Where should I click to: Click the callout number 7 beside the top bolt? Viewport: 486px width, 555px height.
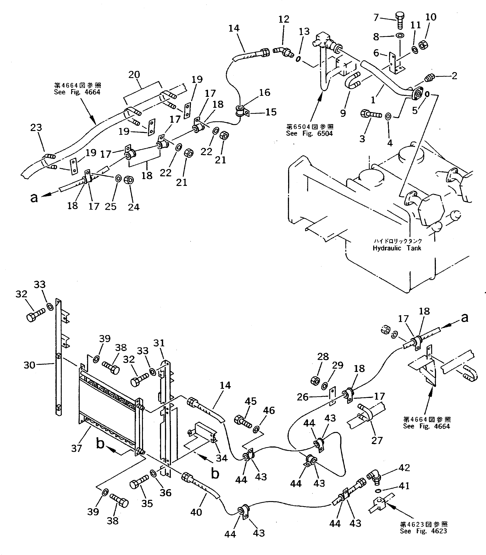tap(376, 17)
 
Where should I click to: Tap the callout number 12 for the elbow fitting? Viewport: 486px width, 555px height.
tap(284, 19)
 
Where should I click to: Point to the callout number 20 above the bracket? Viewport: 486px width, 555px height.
tap(134, 75)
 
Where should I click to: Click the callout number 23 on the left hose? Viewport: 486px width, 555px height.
tap(36, 127)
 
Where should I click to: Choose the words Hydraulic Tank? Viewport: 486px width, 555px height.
tap(397, 248)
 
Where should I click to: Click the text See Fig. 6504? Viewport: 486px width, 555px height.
tap(309, 133)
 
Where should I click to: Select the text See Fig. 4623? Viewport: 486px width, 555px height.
tap(423, 531)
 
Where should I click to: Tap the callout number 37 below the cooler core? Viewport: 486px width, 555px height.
tap(77, 448)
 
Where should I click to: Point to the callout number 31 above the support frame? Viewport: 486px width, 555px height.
tap(159, 343)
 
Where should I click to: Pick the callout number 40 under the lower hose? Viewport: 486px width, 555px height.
tap(196, 512)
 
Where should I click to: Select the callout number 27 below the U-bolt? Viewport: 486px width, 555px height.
tap(377, 440)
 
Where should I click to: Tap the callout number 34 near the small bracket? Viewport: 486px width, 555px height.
tap(221, 458)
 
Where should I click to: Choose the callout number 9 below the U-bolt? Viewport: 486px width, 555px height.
tap(343, 113)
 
